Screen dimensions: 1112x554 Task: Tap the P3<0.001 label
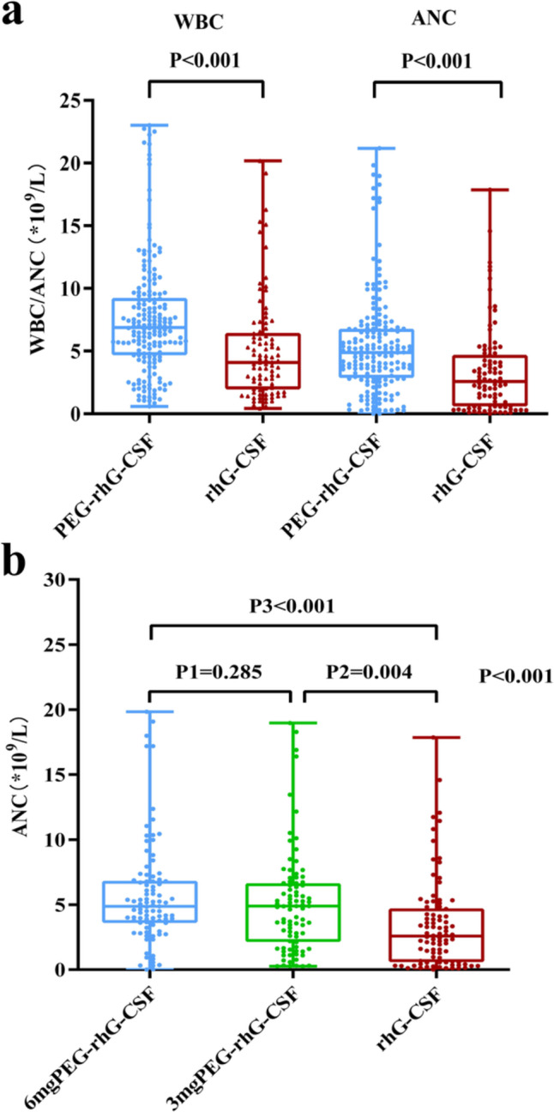point(292,605)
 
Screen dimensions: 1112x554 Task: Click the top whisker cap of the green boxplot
point(293,722)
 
